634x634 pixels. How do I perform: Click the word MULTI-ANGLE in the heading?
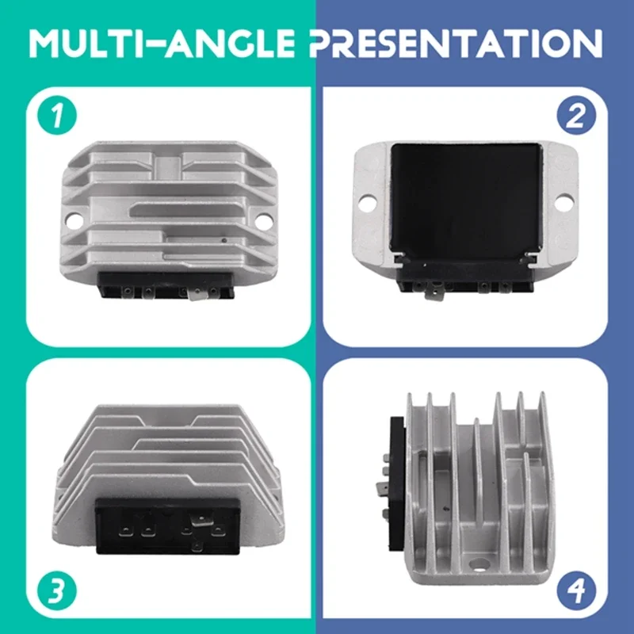[162, 43]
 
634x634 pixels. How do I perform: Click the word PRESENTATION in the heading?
[457, 43]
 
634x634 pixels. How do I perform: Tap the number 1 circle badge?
[57, 115]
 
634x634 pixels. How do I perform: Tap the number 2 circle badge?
[576, 115]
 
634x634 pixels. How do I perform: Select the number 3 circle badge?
[57, 590]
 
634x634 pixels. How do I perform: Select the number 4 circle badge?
[576, 590]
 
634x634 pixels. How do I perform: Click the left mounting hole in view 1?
[74, 220]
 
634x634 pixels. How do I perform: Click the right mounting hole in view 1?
[263, 221]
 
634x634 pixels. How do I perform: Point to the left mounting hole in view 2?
[367, 203]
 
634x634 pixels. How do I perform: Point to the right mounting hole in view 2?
[563, 202]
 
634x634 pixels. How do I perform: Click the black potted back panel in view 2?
[466, 201]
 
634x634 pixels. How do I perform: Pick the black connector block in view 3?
[168, 525]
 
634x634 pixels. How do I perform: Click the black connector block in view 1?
[166, 285]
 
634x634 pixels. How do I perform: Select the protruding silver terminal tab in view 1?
[197, 294]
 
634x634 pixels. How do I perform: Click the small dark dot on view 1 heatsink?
[224, 241]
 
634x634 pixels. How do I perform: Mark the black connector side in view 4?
[397, 483]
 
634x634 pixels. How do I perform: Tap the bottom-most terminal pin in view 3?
[197, 547]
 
